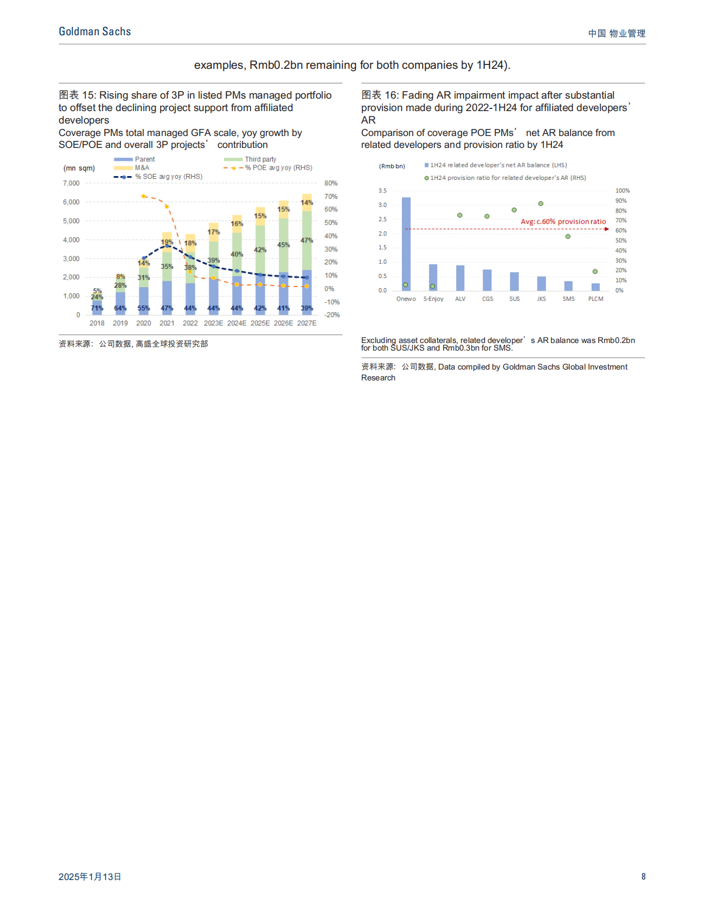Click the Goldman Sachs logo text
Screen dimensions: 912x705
coord(95,32)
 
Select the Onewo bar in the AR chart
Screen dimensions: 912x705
coord(406,244)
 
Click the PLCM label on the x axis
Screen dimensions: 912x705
coord(595,299)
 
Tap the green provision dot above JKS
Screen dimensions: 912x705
coord(541,204)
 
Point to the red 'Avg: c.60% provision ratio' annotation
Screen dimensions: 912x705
coord(563,222)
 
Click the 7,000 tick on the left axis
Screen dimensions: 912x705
coord(71,183)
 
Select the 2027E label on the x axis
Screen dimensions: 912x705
coord(306,323)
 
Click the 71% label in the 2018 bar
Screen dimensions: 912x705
coord(97,308)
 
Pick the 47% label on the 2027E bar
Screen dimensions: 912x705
coord(307,240)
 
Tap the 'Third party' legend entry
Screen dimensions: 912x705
coord(260,159)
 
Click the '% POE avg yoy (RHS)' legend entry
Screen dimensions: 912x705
coord(278,168)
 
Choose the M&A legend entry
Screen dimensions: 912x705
coord(142,168)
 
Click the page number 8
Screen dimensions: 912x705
coord(643,877)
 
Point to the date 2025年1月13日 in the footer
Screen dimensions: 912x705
coord(90,877)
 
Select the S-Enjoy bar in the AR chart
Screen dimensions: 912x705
coord(433,277)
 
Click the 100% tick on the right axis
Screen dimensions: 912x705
coord(622,191)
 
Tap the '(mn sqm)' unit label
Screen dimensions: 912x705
coord(79,169)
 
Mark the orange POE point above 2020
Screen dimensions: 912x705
coord(143,196)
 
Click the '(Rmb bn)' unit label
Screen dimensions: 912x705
coord(392,166)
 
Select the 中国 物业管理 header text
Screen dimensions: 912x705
coord(617,34)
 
